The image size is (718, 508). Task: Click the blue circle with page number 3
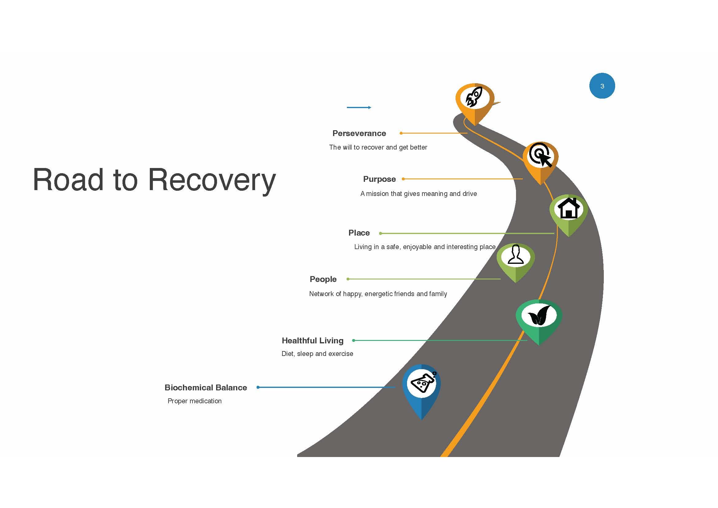(602, 86)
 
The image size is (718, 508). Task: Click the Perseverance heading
(359, 133)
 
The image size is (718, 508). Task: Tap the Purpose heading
(379, 179)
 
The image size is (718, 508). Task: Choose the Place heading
(359, 233)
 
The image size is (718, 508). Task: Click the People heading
(323, 279)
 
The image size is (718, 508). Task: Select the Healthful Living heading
(312, 341)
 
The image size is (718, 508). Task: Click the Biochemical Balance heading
(206, 388)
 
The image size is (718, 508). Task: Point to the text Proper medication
(195, 401)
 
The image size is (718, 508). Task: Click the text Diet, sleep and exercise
(317, 354)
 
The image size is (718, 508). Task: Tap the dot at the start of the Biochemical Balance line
(258, 387)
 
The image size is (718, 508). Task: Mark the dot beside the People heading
(348, 279)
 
